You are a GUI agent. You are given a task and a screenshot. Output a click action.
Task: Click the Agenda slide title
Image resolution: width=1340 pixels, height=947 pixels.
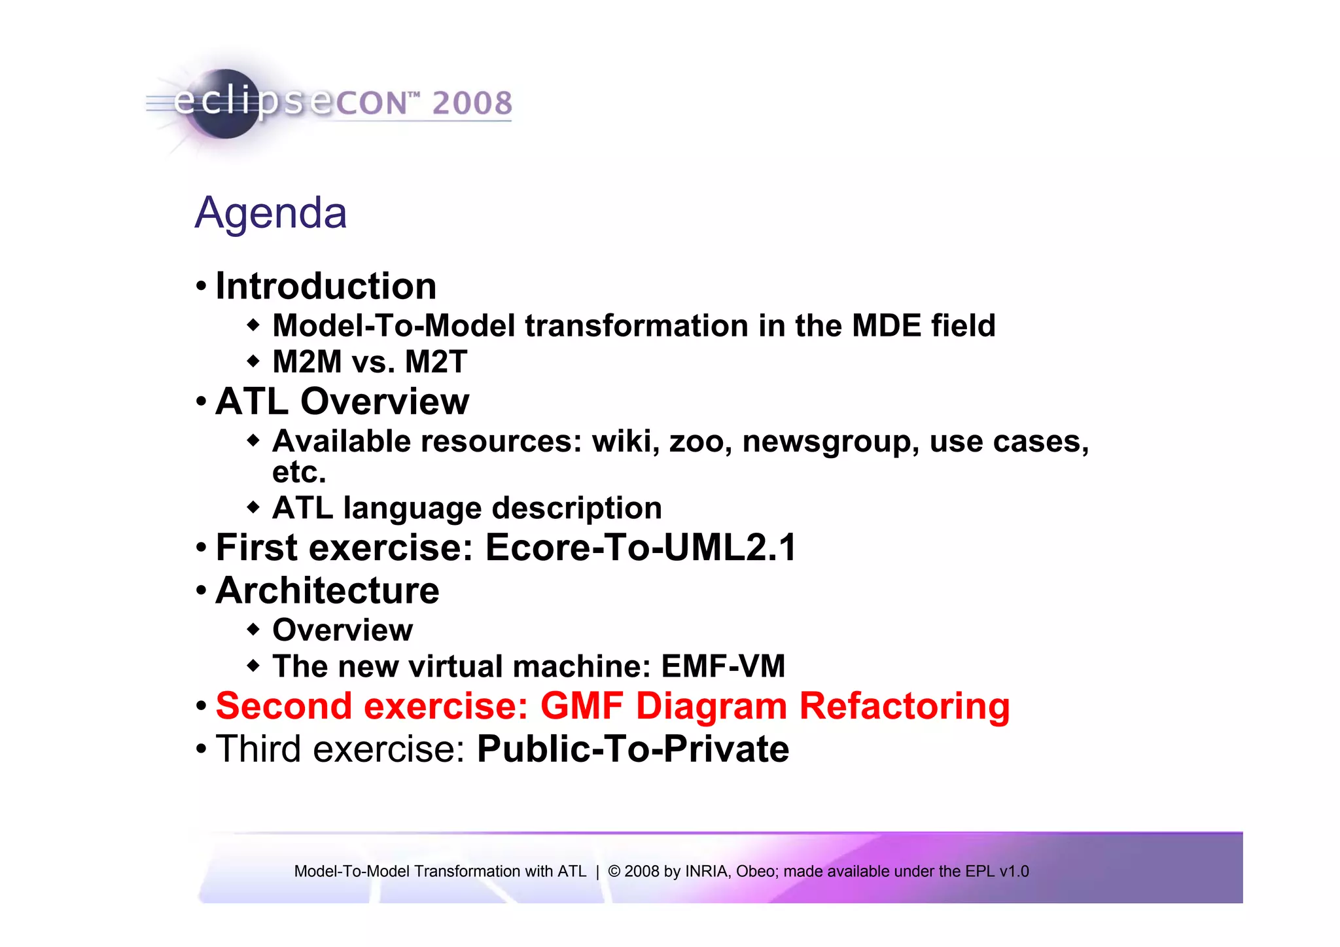click(271, 213)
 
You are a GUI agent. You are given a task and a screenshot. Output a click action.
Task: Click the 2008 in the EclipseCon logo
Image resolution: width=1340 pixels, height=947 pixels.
click(472, 103)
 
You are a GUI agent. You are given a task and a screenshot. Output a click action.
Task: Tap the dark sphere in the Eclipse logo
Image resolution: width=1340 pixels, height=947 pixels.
click(226, 105)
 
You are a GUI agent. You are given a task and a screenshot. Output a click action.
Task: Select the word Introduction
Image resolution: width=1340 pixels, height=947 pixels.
click(326, 286)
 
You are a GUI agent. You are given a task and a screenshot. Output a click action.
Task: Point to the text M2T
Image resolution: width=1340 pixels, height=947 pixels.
click(436, 362)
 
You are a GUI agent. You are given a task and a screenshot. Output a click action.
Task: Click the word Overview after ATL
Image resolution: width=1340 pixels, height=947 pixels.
click(385, 401)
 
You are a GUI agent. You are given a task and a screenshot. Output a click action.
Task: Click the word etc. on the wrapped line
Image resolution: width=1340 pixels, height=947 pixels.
click(299, 473)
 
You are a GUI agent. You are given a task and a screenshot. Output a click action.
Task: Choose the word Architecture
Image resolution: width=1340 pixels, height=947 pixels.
click(327, 590)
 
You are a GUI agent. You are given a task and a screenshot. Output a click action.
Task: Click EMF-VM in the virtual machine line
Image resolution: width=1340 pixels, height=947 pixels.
click(723, 666)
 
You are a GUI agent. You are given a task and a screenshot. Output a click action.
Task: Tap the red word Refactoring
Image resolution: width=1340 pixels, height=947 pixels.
click(904, 706)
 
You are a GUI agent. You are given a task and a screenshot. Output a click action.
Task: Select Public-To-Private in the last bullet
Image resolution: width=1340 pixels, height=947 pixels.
click(633, 749)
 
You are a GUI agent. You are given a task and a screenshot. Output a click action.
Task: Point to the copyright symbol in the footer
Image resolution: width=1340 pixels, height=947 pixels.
click(614, 872)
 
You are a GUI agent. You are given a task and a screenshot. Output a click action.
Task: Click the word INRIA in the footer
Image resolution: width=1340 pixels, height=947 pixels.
click(707, 872)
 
